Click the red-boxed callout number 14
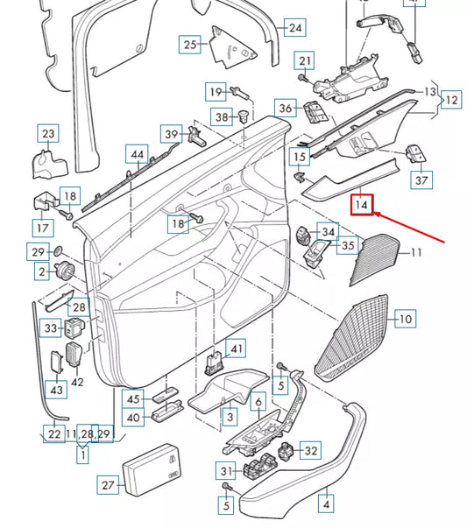click(363, 206)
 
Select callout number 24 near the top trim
click(295, 28)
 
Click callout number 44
click(136, 155)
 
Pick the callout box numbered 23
click(47, 134)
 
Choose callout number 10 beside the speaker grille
click(405, 320)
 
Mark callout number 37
click(422, 180)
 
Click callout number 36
click(287, 109)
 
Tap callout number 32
click(310, 451)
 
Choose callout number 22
click(53, 434)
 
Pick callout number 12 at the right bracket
click(451, 101)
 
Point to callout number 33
click(51, 328)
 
